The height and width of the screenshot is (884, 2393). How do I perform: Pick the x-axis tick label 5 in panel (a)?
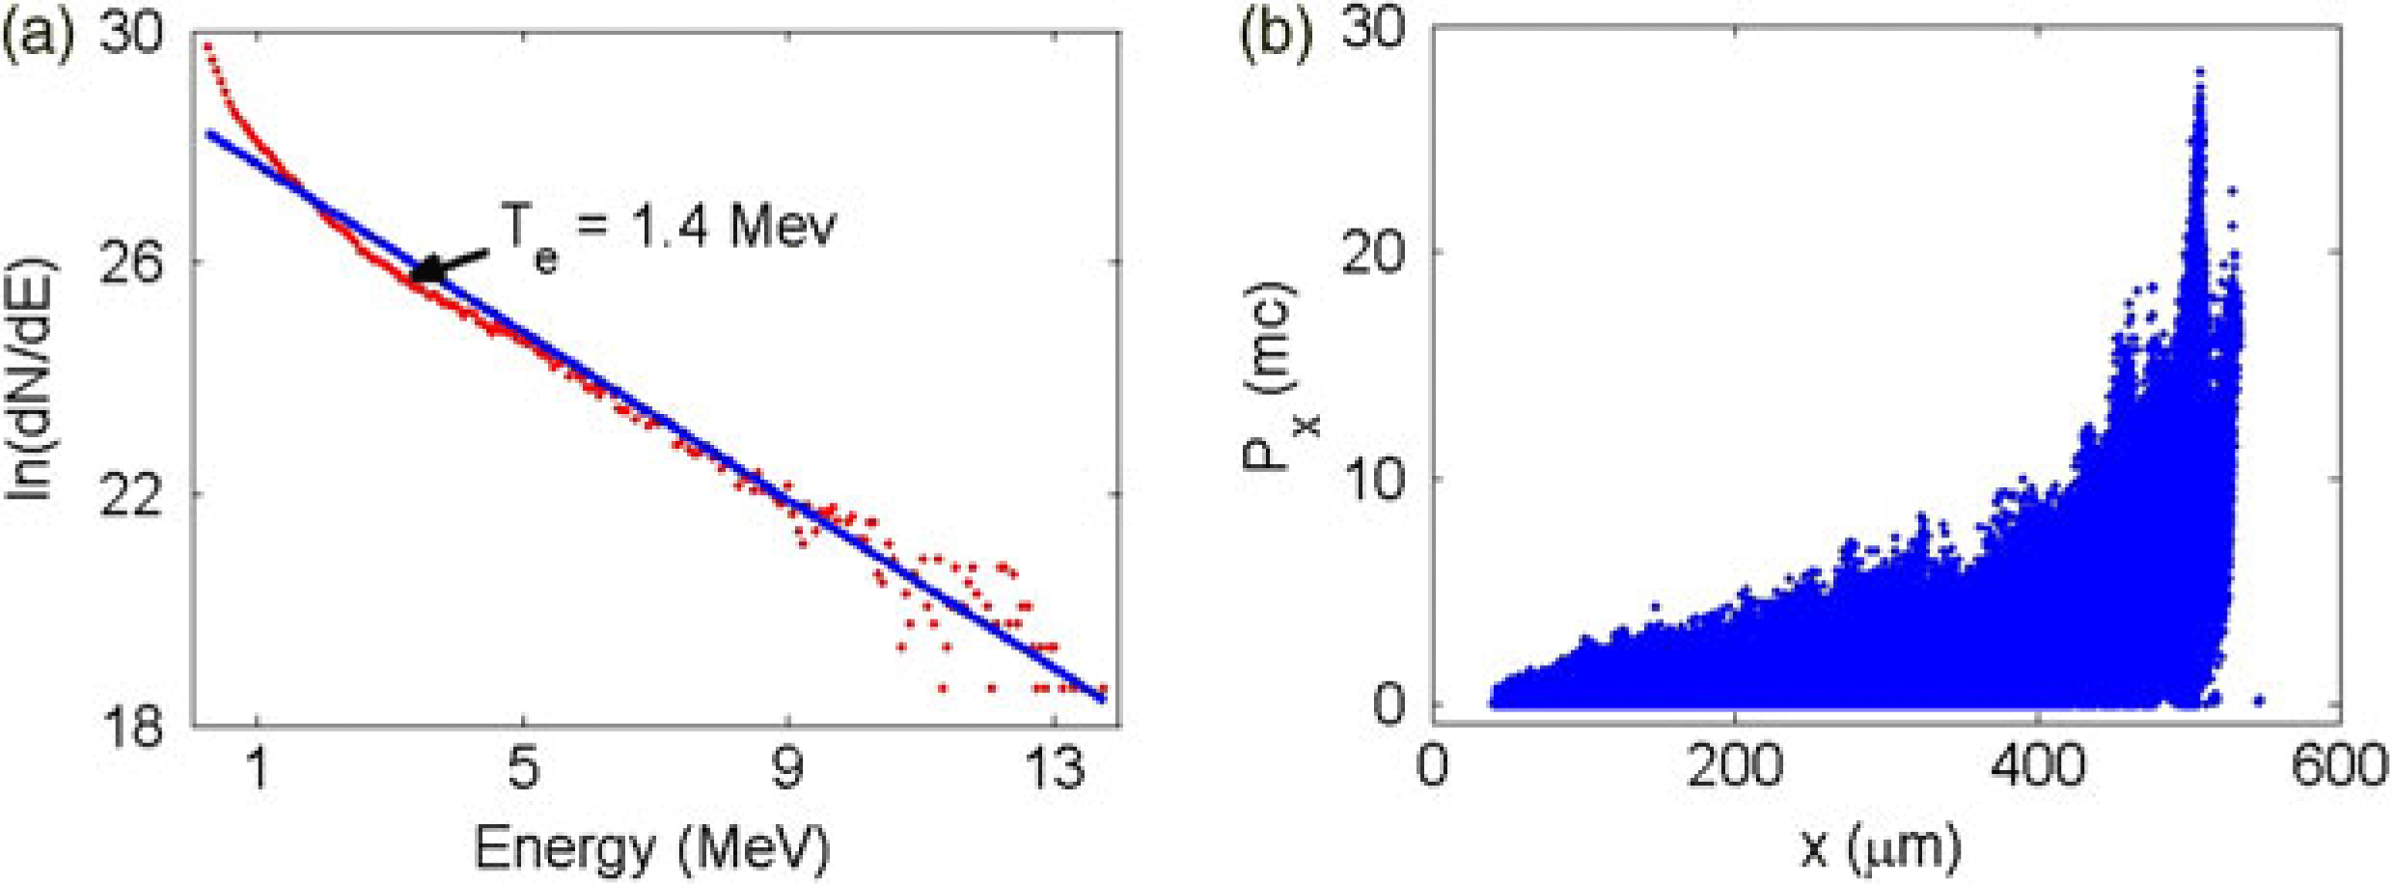[522, 773]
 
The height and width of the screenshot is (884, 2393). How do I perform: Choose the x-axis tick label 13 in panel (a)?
[1054, 773]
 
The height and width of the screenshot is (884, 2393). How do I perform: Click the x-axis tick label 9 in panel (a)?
[787, 773]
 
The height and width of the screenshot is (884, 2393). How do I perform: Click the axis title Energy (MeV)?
[652, 848]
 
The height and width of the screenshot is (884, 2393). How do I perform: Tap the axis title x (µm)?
[1881, 848]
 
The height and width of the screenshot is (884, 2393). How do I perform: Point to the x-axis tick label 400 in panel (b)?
[2036, 767]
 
